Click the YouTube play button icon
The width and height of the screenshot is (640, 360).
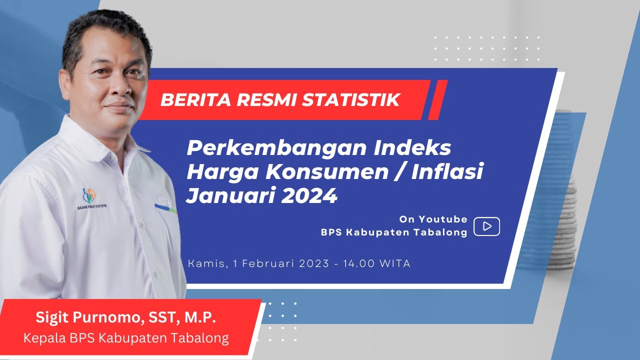[x=486, y=226]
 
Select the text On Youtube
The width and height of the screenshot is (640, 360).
[x=433, y=219]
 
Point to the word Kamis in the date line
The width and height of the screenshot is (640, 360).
[x=206, y=263]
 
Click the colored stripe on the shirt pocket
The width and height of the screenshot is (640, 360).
[x=165, y=207]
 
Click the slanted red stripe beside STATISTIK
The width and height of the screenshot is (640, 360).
[x=438, y=100]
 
